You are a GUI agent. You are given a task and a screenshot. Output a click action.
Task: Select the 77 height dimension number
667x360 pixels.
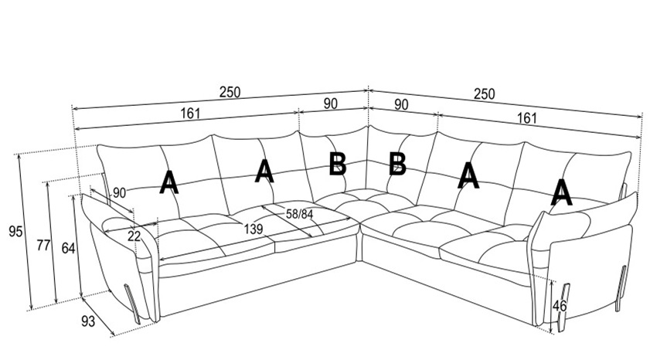pyautogui.click(x=43, y=246)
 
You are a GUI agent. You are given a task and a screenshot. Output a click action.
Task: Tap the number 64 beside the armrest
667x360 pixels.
pyautogui.click(x=68, y=248)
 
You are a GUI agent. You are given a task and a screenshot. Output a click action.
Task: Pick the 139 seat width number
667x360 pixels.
pyautogui.click(x=254, y=229)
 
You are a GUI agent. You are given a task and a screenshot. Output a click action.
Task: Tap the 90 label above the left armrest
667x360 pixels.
pyautogui.click(x=119, y=193)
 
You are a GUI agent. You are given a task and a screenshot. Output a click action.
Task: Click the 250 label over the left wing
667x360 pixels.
pyautogui.click(x=230, y=92)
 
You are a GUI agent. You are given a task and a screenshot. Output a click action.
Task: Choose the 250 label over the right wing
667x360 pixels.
pyautogui.click(x=484, y=94)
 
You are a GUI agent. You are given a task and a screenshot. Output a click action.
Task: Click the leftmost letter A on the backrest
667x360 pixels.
pyautogui.click(x=169, y=183)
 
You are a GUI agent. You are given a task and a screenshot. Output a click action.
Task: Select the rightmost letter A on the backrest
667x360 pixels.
pyautogui.click(x=562, y=192)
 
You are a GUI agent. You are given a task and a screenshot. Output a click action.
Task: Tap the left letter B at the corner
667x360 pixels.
pyautogui.click(x=338, y=164)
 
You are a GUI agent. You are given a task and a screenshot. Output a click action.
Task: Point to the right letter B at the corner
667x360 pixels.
pyautogui.click(x=397, y=164)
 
